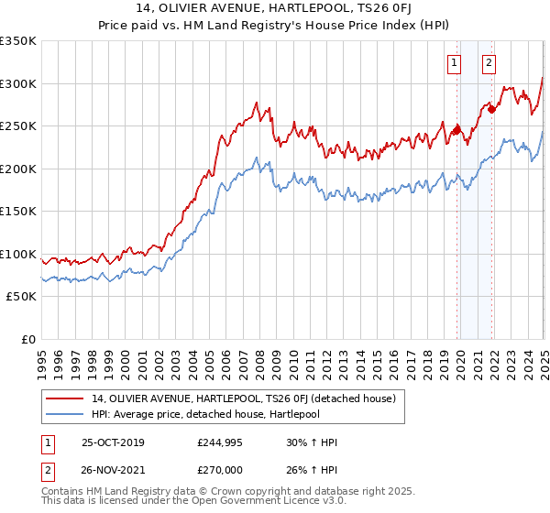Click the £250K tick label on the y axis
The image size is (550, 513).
coord(18,126)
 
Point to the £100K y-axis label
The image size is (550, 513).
coord(18,254)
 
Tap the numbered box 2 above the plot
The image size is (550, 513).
coord(489,63)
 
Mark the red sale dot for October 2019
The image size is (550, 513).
coord(456,130)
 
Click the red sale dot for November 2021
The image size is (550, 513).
coord(492,109)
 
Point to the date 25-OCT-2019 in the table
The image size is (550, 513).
coord(113,442)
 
